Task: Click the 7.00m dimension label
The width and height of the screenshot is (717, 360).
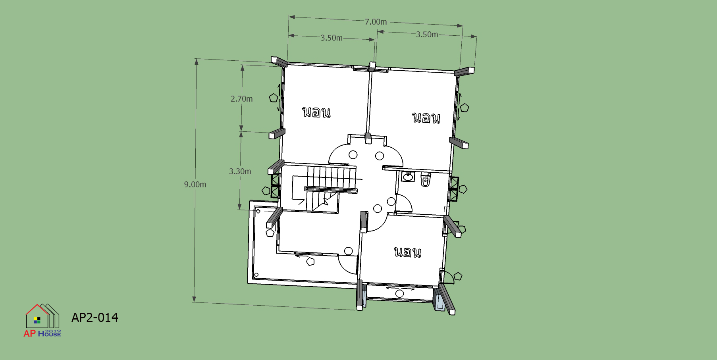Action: pyautogui.click(x=376, y=22)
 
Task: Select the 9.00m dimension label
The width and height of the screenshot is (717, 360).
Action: pyautogui.click(x=195, y=185)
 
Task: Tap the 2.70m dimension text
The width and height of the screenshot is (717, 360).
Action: pyautogui.click(x=241, y=99)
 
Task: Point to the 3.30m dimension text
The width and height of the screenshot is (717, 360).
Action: pyautogui.click(x=240, y=171)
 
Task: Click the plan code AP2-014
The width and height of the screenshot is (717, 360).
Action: pyautogui.click(x=95, y=318)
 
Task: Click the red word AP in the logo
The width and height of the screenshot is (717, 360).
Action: pyautogui.click(x=30, y=333)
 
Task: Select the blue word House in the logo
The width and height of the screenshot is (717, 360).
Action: pyautogui.click(x=50, y=334)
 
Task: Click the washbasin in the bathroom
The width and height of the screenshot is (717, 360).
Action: pyautogui.click(x=408, y=176)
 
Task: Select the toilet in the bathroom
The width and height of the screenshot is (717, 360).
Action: pyautogui.click(x=426, y=180)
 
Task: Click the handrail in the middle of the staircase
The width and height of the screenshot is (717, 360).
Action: pyautogui.click(x=331, y=190)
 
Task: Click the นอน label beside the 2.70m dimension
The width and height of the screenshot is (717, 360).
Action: pyautogui.click(x=316, y=112)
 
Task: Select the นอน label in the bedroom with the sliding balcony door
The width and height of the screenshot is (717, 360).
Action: pyautogui.click(x=407, y=252)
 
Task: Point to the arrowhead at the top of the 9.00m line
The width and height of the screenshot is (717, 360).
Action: pyautogui.click(x=197, y=62)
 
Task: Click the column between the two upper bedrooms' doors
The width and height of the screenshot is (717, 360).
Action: pyautogui.click(x=368, y=138)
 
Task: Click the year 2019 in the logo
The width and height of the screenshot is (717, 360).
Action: pyautogui.click(x=53, y=331)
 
